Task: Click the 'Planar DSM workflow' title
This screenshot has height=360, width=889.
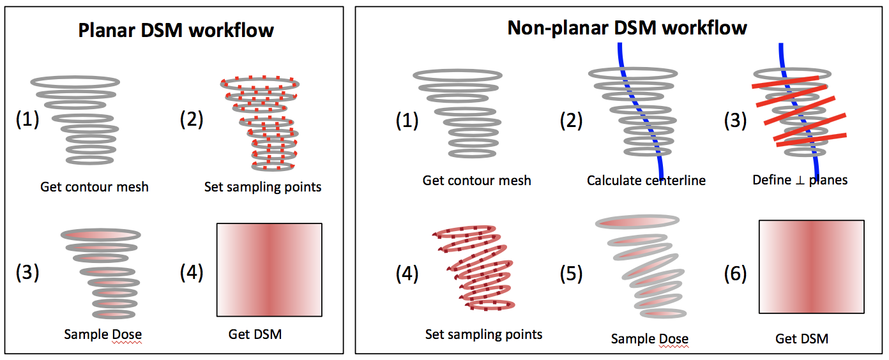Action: (176, 31)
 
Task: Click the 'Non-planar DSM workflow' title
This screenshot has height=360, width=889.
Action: (627, 28)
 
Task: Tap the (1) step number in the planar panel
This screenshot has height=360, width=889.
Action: (27, 119)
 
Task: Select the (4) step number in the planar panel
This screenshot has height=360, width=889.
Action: (192, 273)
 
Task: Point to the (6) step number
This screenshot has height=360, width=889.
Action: (736, 274)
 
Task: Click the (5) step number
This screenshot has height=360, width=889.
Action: (571, 274)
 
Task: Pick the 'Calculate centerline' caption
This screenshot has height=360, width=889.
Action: (646, 181)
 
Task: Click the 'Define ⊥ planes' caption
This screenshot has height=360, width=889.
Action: (800, 180)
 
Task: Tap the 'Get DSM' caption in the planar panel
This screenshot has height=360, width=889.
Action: (255, 334)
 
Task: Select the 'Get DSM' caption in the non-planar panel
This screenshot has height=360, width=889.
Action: (802, 338)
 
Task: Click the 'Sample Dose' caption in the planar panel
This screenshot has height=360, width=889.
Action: (103, 334)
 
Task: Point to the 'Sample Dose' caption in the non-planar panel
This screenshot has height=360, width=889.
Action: (650, 338)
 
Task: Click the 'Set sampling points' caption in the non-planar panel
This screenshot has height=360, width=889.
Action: (484, 334)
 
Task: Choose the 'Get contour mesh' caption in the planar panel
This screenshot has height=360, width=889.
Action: (95, 187)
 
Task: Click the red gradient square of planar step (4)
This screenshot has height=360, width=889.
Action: (269, 269)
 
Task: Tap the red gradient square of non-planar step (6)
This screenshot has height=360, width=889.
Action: (812, 267)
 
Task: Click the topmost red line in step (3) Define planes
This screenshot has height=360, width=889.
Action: (786, 82)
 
